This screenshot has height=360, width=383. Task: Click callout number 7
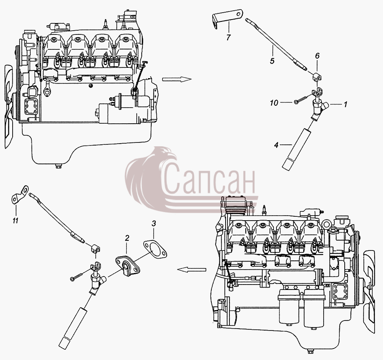pos(228,38)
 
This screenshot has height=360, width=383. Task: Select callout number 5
pos(272,61)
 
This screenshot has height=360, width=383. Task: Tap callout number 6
pos(317,56)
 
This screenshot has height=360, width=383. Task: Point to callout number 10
pos(274,103)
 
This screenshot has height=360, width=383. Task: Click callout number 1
pos(345,105)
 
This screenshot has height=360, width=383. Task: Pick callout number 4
pos(276,145)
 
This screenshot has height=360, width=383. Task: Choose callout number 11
pos(15,221)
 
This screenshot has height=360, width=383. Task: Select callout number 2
pos(127,238)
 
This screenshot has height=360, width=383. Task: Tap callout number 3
pos(154,223)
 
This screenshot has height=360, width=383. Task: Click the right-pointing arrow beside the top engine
pos(177,79)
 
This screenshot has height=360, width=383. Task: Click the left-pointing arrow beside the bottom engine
pos(192,269)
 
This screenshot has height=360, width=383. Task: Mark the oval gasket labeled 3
pos(155,249)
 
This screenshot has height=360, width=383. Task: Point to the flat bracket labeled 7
pos(228,18)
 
